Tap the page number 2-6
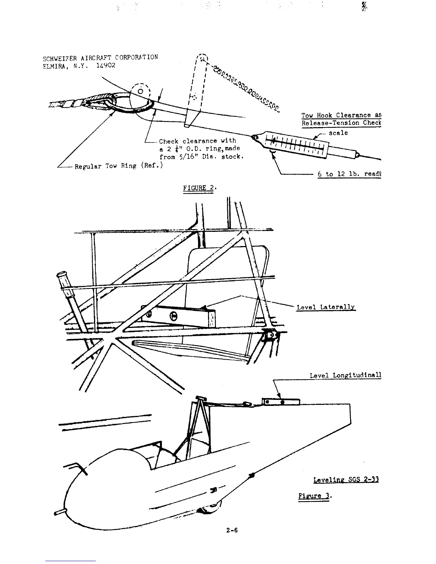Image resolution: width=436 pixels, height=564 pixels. pyautogui.click(x=232, y=530)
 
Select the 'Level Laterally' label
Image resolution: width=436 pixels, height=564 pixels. pyautogui.click(x=326, y=307)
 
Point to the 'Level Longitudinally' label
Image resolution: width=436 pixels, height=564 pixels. pyautogui.click(x=345, y=375)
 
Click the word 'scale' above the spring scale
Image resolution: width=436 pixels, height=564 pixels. pyautogui.click(x=338, y=133)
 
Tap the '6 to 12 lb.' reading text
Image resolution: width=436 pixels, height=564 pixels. pyautogui.click(x=349, y=174)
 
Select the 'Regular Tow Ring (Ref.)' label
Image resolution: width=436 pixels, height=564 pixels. pyautogui.click(x=119, y=166)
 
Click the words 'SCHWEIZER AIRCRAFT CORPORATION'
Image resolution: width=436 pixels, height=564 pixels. pyautogui.click(x=100, y=58)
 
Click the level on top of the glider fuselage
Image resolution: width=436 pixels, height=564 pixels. pyautogui.click(x=281, y=402)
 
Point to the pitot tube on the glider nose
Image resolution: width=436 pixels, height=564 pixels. pyautogui.click(x=61, y=513)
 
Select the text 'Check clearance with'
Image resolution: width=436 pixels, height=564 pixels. pyautogui.click(x=197, y=141)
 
